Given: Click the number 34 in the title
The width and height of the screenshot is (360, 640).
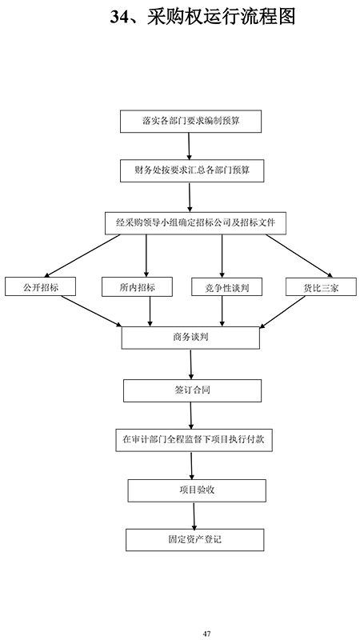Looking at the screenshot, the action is click(120, 18).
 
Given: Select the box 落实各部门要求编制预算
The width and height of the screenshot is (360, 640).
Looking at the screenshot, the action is click(190, 122).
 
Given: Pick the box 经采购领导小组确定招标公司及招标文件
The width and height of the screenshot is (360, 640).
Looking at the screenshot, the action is click(195, 223).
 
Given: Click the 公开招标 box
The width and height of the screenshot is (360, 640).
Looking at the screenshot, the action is click(41, 286).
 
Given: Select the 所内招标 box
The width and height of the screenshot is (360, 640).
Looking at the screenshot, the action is click(137, 286).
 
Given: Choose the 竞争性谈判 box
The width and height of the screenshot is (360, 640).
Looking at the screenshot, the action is click(226, 286).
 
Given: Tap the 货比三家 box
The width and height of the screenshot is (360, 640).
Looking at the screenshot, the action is click(321, 286).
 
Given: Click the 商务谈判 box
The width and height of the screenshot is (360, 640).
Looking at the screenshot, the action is click(190, 338).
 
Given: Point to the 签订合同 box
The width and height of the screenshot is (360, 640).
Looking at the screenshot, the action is click(192, 390).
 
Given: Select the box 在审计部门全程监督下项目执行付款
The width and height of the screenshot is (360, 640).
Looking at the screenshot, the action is click(194, 440).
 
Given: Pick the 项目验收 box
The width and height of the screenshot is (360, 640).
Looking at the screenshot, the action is click(197, 490).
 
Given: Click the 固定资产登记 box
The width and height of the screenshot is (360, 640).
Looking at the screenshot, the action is click(194, 540).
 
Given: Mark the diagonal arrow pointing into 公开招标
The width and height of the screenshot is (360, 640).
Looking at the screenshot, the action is click(84, 255).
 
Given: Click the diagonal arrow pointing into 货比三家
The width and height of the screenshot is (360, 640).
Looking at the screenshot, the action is click(299, 255).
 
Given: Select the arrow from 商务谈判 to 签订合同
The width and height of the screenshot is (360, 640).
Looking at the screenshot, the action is click(190, 364).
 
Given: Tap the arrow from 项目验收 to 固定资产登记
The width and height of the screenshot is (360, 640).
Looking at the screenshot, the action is click(194, 515).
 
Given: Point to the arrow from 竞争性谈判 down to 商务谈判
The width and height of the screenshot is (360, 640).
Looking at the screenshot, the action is click(222, 311).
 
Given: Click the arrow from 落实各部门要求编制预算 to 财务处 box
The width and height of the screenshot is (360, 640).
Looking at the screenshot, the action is click(189, 146).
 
